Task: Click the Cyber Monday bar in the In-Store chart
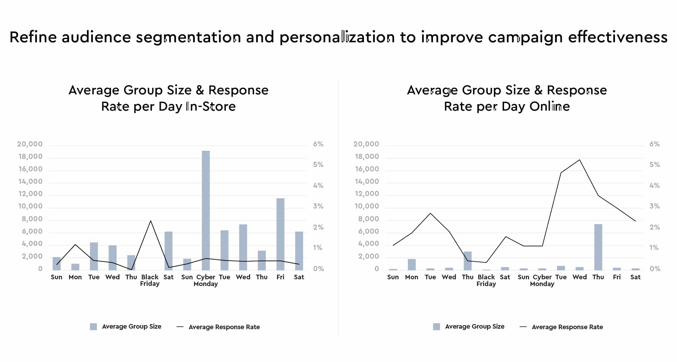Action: [x=206, y=210]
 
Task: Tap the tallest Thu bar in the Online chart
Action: [x=598, y=247]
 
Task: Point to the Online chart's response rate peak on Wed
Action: [x=580, y=160]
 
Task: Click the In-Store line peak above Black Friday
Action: [x=151, y=221]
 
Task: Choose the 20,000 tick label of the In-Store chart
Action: [x=30, y=144]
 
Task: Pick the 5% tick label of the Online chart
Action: [x=655, y=165]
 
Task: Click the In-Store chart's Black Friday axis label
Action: [x=150, y=280]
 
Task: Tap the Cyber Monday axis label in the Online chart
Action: [x=542, y=280]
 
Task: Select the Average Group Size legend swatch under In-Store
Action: [x=93, y=326]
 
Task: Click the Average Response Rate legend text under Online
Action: [x=567, y=327]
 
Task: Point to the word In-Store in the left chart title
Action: [x=211, y=106]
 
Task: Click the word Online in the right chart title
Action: [x=549, y=106]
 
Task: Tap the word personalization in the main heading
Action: [x=337, y=37]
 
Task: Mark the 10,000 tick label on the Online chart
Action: [x=367, y=206]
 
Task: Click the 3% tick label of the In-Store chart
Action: [x=318, y=206]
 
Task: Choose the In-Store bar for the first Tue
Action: [x=94, y=256]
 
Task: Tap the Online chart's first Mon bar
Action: [x=412, y=265]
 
